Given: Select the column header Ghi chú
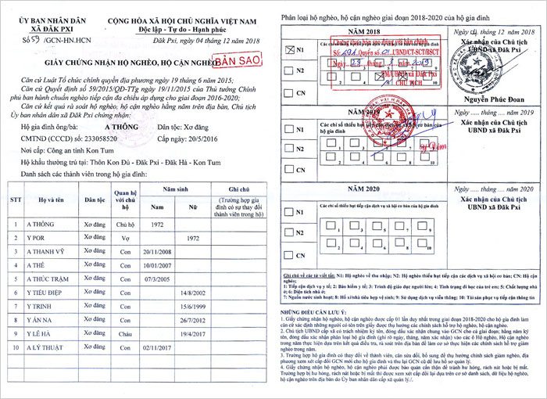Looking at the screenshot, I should point(238,189).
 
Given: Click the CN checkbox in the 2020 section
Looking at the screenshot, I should point(288,254).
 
